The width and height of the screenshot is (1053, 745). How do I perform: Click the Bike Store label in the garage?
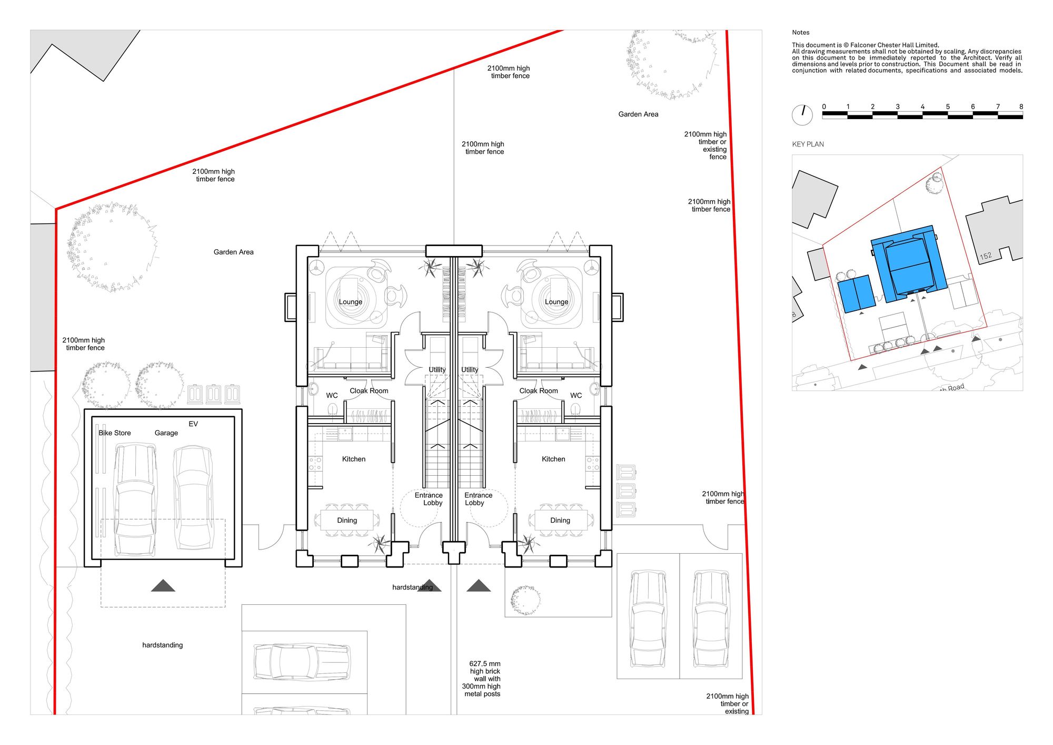coord(115,433)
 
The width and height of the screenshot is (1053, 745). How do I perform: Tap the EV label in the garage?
coord(193,424)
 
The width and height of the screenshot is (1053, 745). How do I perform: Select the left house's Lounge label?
coord(351,302)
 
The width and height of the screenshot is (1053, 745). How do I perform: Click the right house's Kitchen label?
coord(553,459)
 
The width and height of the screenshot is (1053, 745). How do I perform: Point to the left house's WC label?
coord(332,395)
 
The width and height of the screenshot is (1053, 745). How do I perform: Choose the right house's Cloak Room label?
coord(539,391)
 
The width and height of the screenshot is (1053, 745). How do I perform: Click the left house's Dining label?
coord(347,521)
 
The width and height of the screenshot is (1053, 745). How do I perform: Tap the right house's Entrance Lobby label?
coord(478,499)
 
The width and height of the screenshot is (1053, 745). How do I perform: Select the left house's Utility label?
coord(437,370)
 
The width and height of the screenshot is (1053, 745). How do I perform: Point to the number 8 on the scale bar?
coord(1021,106)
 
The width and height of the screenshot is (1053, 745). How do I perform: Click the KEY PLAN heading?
coord(808,144)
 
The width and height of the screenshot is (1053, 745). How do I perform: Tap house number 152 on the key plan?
coord(986,256)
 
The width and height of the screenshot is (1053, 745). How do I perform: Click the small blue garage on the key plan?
coord(856,293)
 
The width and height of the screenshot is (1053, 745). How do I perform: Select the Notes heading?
coord(800,33)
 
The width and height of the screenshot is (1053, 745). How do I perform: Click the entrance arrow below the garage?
coord(163,585)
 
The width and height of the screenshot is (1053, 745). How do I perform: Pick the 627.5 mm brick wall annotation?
coord(482,679)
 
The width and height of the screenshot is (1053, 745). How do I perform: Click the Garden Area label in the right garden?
coord(638,114)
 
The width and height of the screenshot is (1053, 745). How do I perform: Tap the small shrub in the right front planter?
coord(525,600)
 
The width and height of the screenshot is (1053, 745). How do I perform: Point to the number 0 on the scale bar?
coord(824,106)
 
